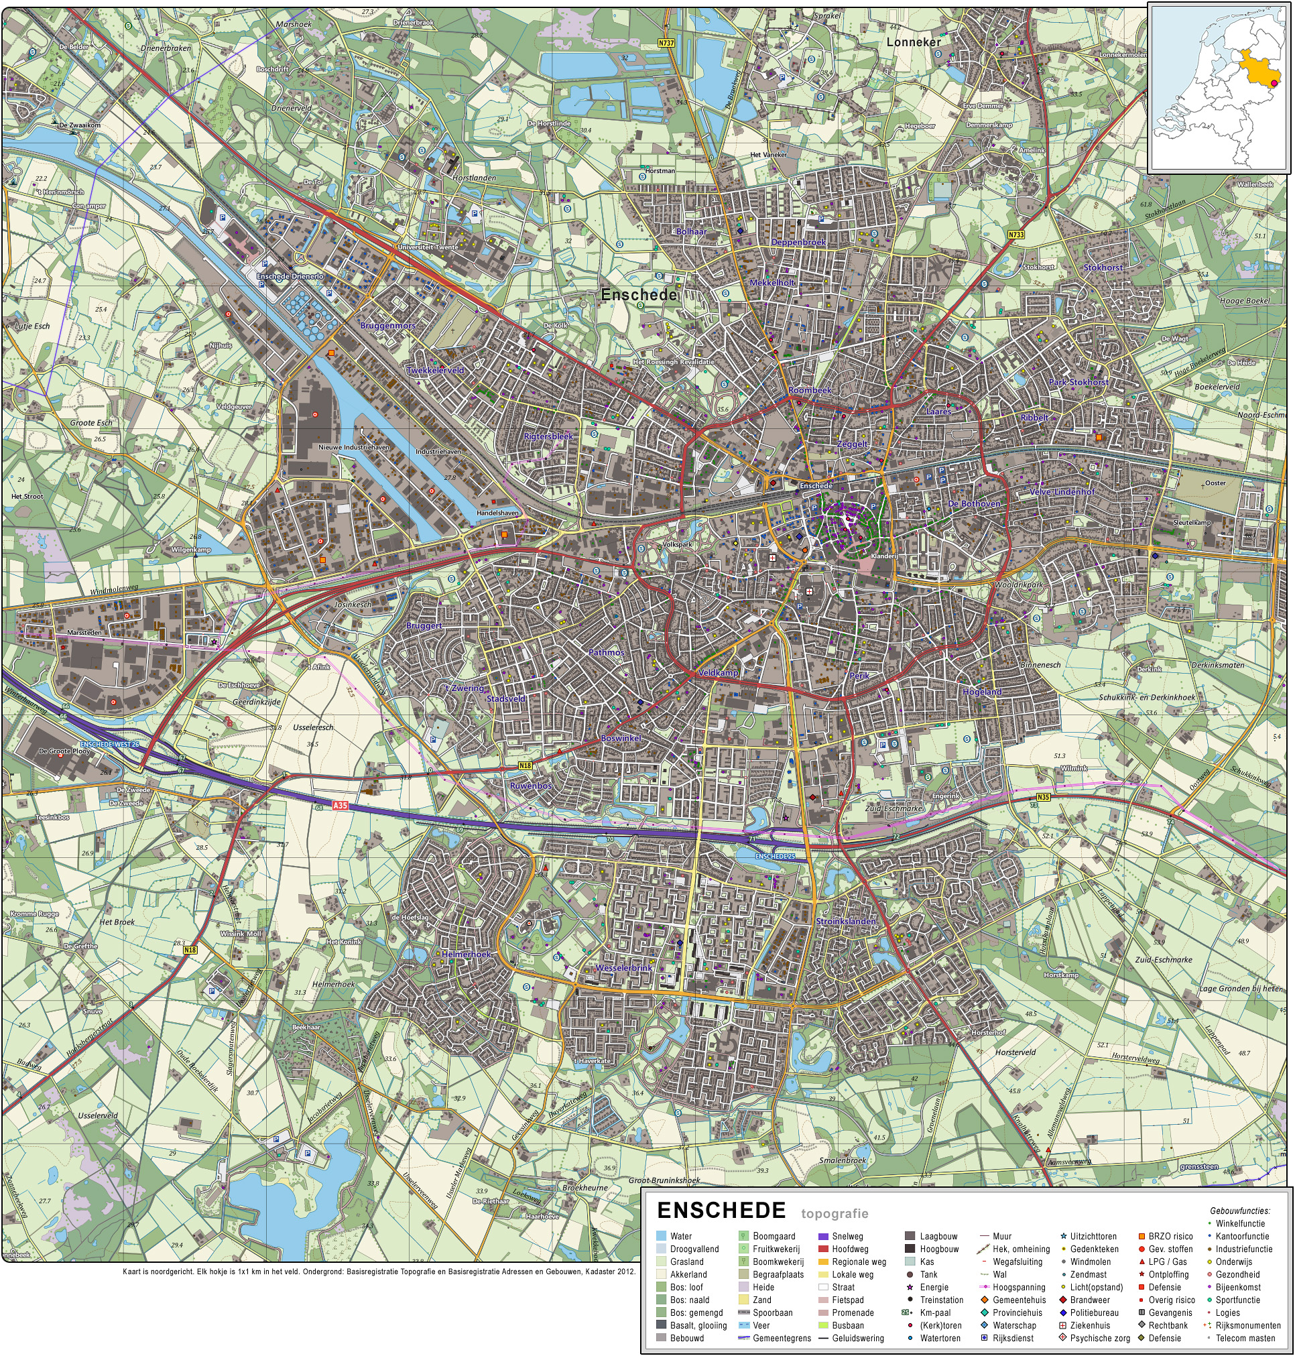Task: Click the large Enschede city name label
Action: point(639,295)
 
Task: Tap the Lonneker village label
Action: point(913,42)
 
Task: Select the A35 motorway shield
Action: point(340,806)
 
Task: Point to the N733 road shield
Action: point(1016,235)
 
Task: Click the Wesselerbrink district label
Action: point(623,968)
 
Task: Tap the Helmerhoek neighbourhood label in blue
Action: point(467,954)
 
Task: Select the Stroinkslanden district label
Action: point(846,921)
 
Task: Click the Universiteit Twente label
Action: point(427,247)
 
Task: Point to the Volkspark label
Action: point(676,545)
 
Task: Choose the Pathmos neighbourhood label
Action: point(606,652)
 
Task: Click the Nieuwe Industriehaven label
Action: point(353,447)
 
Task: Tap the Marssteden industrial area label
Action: point(84,633)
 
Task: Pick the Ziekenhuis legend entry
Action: point(1090,1326)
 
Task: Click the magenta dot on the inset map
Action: point(1274,84)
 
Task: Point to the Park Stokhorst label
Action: point(1078,382)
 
